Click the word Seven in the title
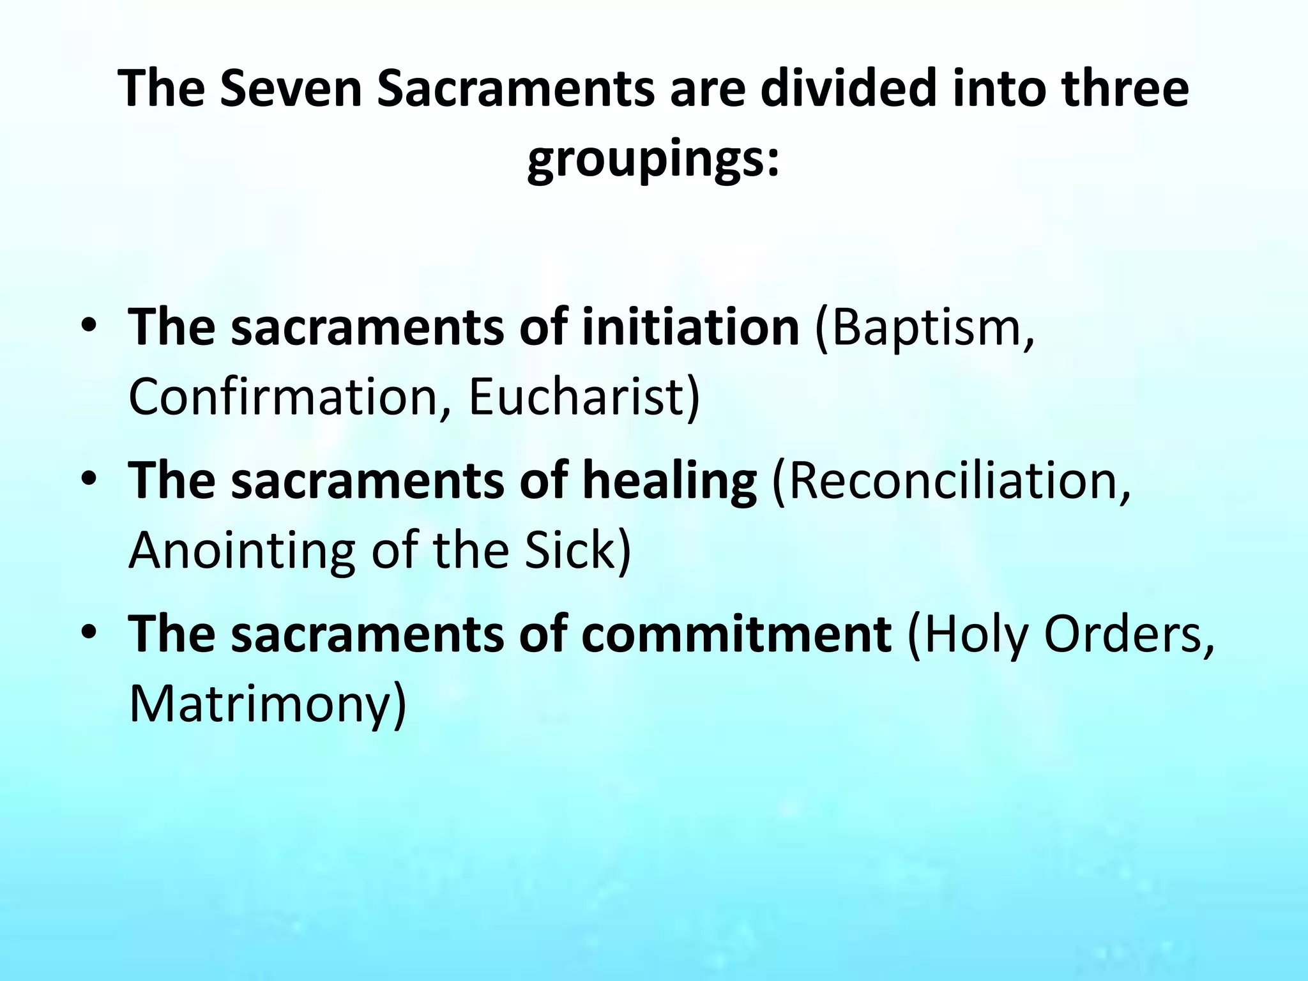[x=291, y=89]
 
